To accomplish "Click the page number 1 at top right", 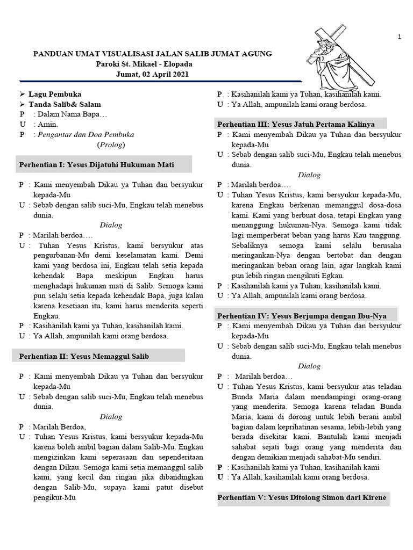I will click(399, 37).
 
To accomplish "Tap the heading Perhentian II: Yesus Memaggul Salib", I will click(84, 356).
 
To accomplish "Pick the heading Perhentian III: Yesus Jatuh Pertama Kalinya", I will click(296, 124).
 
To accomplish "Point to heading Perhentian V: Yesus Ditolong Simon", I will click(302, 498).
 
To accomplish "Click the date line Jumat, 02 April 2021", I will click(152, 74).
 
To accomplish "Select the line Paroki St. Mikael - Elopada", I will click(152, 64).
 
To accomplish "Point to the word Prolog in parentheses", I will click(111, 145).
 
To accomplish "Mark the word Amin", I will click(46, 125).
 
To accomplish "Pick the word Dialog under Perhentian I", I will click(111, 225).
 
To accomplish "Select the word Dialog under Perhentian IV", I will click(309, 366).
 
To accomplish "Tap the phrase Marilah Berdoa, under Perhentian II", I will click(60, 426).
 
